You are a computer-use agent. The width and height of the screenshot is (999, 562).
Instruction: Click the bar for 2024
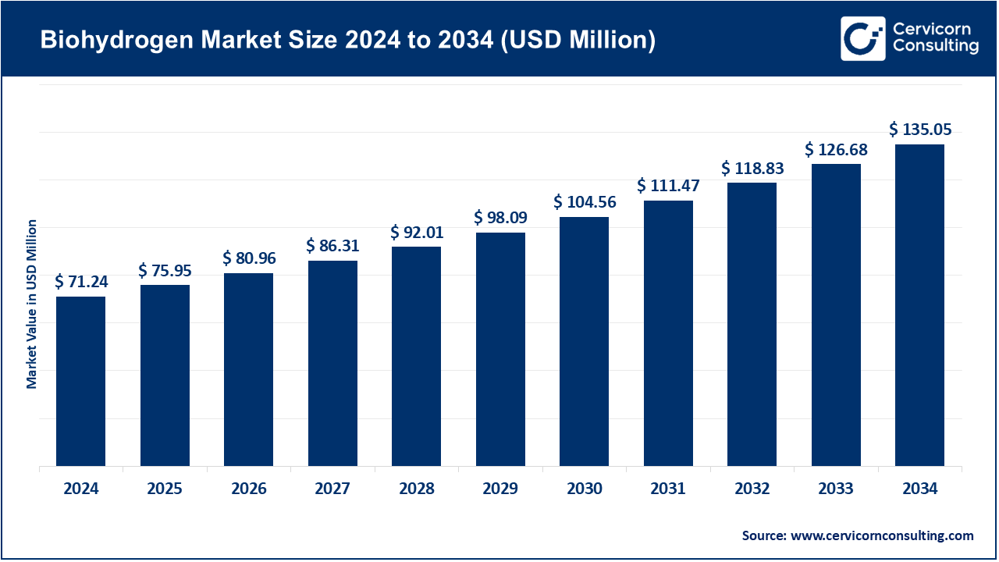(x=80, y=381)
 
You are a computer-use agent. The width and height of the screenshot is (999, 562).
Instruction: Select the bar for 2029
(x=500, y=349)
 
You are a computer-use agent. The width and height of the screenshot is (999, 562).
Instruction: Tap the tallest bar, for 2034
(x=919, y=305)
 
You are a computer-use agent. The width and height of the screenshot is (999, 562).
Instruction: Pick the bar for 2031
(x=668, y=333)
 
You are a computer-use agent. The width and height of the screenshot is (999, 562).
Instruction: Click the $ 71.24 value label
(x=81, y=282)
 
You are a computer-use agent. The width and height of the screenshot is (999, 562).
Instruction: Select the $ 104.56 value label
(x=585, y=202)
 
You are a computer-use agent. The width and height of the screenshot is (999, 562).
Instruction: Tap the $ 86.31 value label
(x=332, y=246)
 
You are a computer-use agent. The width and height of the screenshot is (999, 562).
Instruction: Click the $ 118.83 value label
(x=752, y=168)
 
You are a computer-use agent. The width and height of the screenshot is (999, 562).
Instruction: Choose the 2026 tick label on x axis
(x=249, y=489)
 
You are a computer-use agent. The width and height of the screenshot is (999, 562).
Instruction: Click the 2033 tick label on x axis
(x=836, y=489)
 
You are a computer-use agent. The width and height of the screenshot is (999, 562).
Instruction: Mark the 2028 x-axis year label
(x=417, y=489)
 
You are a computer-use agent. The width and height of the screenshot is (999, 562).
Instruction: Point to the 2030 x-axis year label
(x=585, y=489)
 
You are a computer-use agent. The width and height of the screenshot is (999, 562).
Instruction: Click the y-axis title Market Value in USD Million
(x=32, y=304)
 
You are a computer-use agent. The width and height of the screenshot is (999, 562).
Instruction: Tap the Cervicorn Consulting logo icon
(x=862, y=38)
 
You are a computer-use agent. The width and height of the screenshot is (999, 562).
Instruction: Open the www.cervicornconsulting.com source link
(x=882, y=535)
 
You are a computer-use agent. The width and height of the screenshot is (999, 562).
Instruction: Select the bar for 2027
(x=332, y=363)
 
